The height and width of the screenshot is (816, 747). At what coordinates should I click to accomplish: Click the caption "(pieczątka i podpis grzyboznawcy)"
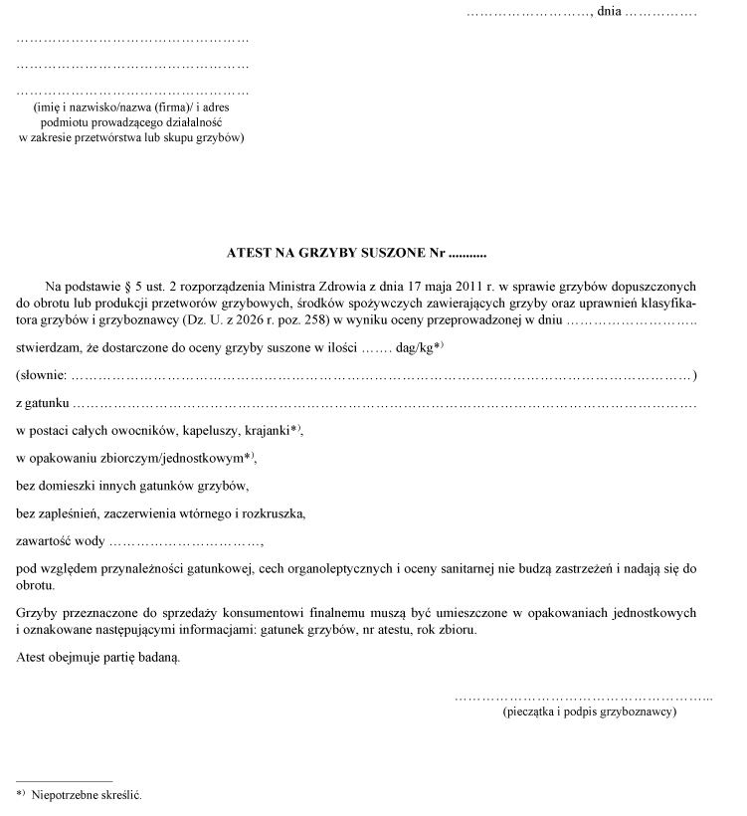click(590, 713)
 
